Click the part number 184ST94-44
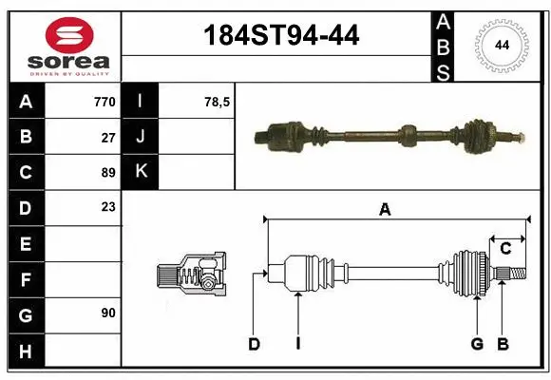tap(282, 35)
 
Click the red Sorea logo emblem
tap(68, 36)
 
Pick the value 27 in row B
tap(108, 137)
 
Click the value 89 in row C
tap(108, 173)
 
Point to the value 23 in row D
tap(108, 207)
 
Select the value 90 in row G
tap(108, 312)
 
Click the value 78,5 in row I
tap(218, 102)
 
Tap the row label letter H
tap(25, 352)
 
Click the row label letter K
tap(141, 172)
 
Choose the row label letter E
tap(25, 245)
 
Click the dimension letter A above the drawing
tap(385, 211)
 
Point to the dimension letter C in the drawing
tap(505, 249)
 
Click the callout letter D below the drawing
tap(254, 345)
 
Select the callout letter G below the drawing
tap(477, 345)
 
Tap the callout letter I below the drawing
tap(297, 345)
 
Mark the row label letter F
tap(25, 280)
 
